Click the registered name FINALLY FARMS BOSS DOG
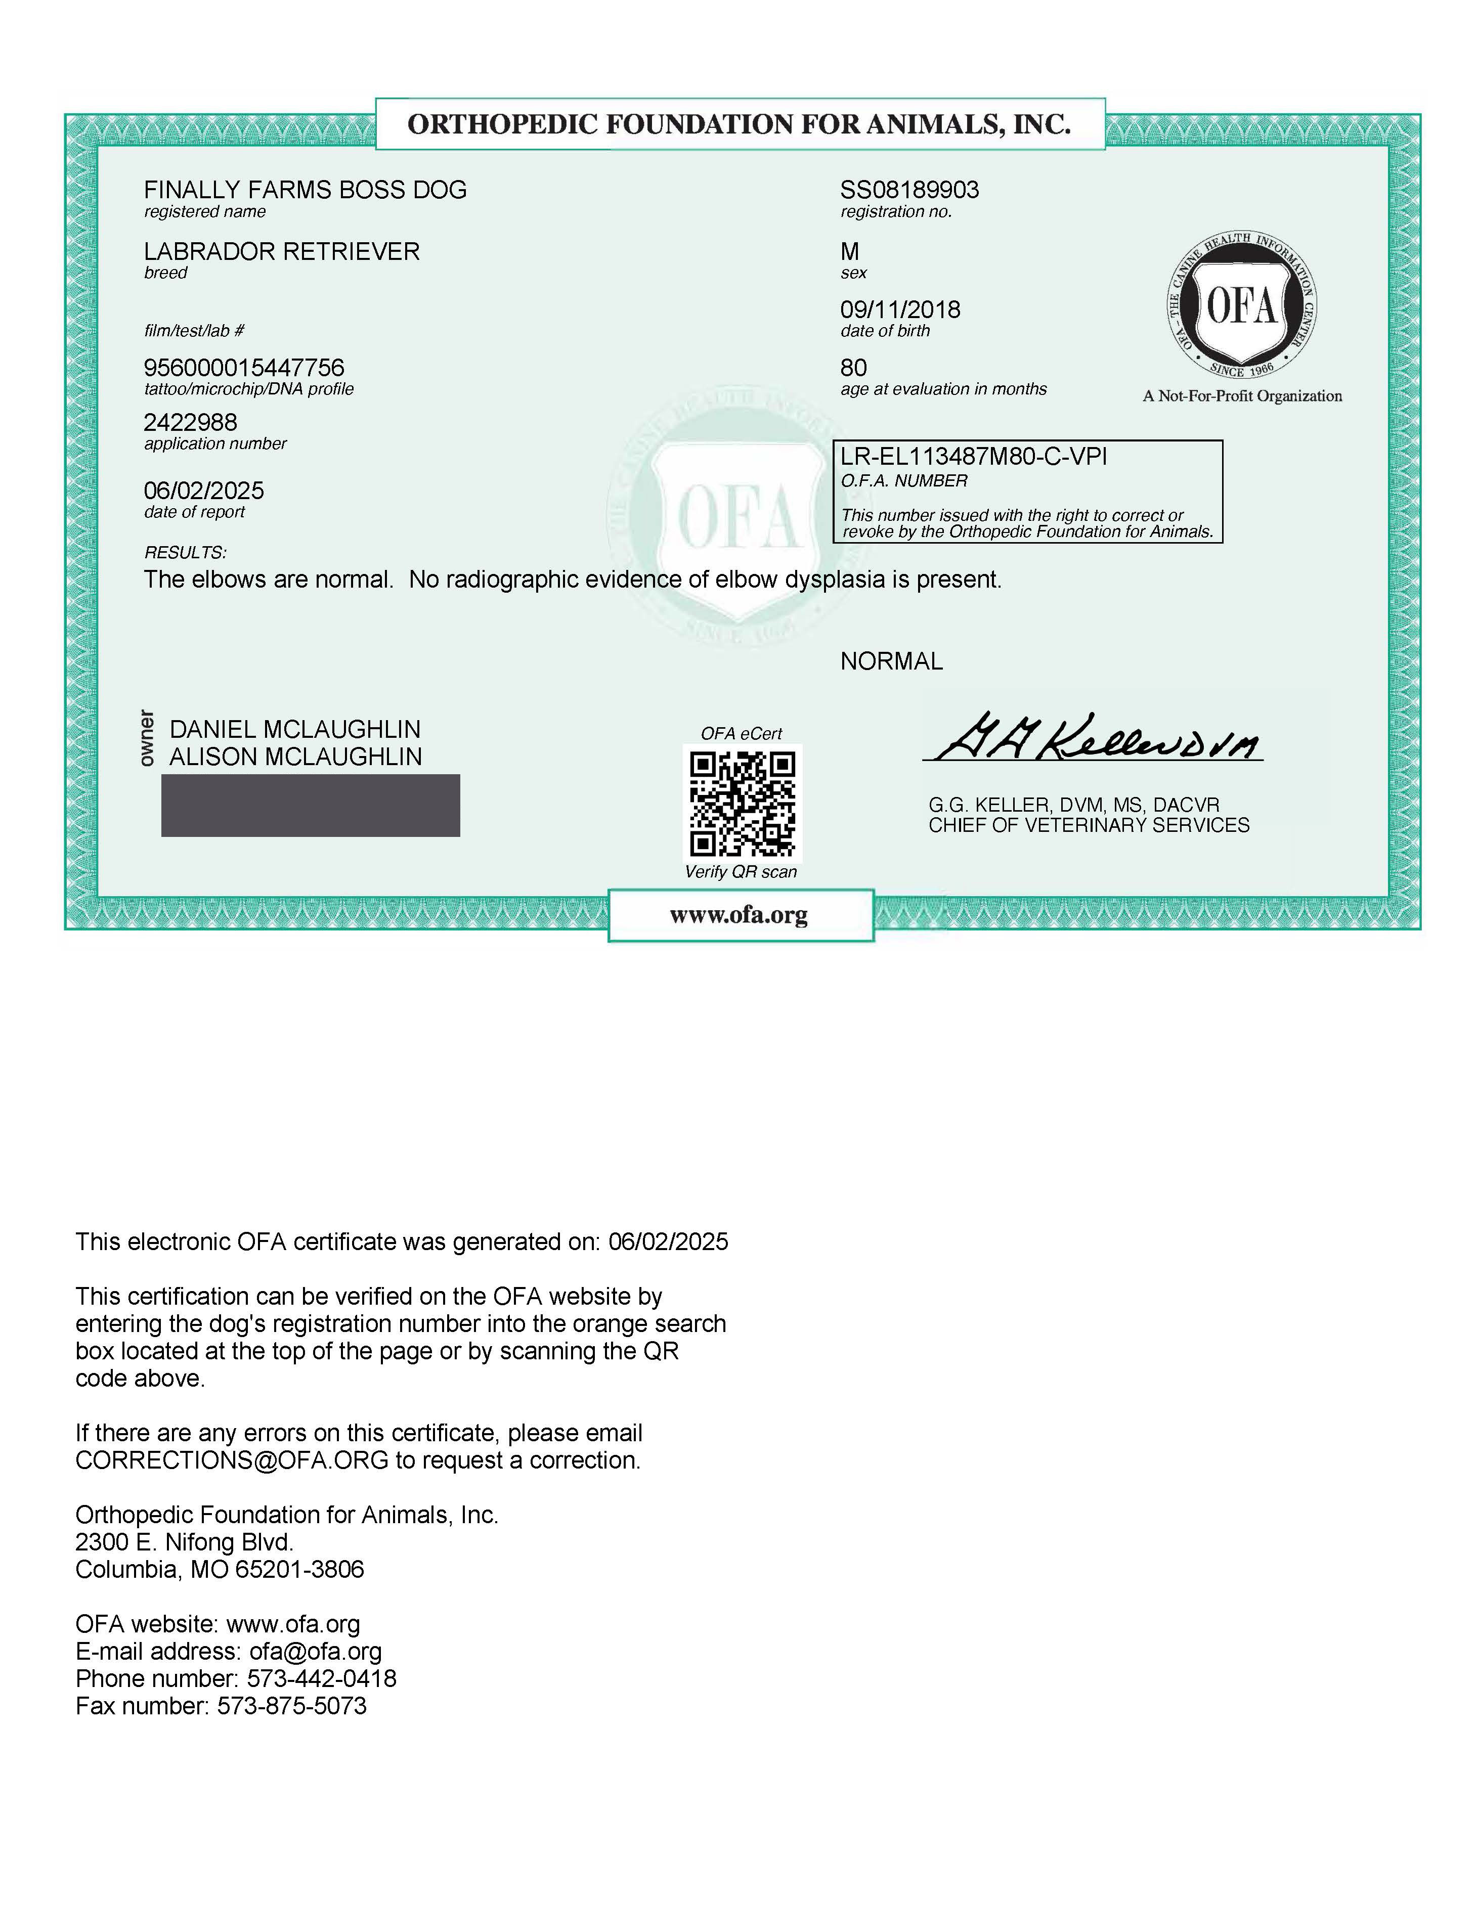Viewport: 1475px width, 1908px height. click(305, 190)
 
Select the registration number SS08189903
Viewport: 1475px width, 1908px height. click(909, 190)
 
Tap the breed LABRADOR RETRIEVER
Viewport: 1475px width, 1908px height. click(281, 252)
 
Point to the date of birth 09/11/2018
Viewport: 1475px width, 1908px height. click(900, 310)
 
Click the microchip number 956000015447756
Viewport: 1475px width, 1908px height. click(244, 368)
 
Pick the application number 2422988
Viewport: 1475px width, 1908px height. click(191, 423)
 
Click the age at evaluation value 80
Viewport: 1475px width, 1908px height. click(854, 368)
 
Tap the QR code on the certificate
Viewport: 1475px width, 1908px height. click(742, 803)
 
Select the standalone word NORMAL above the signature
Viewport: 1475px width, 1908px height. click(891, 661)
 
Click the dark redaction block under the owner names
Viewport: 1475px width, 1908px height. click(310, 806)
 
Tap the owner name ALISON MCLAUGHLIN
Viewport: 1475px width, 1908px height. click(295, 757)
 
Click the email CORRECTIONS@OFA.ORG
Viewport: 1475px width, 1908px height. click(232, 1460)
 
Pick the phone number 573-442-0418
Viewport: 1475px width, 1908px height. click(322, 1679)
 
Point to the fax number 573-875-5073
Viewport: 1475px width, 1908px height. click(292, 1706)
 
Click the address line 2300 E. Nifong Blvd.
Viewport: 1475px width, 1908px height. click(184, 1542)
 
